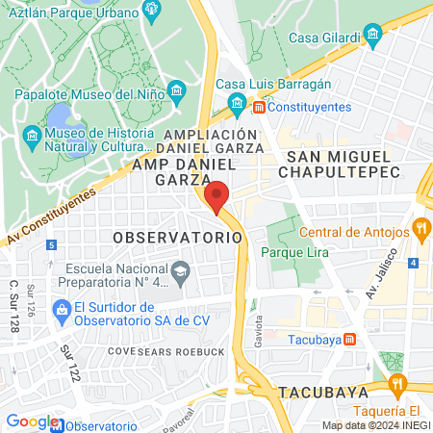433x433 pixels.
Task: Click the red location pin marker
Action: coord(216,196)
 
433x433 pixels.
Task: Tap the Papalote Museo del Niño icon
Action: coord(176,92)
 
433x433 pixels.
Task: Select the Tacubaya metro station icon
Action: coord(350,338)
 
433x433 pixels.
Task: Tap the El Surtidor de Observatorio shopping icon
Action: coord(61,310)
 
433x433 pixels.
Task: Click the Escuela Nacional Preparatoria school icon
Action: coord(180,277)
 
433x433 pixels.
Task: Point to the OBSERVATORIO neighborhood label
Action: coord(175,237)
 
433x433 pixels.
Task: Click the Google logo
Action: coord(31,421)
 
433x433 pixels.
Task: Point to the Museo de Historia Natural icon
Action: coord(32,135)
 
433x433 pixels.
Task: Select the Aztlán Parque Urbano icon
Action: coord(151,10)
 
